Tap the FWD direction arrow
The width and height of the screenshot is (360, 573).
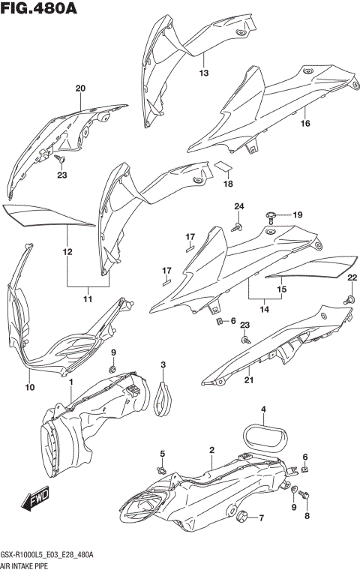[34, 500]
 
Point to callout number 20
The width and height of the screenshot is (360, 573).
[80, 88]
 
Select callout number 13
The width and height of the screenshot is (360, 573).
[203, 73]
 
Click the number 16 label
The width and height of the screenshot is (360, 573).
[305, 124]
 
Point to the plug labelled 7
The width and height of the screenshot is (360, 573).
[243, 517]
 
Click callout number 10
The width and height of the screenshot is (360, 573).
[30, 388]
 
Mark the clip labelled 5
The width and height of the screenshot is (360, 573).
[162, 469]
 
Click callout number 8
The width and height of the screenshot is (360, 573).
[306, 516]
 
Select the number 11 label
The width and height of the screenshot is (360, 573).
[88, 300]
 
